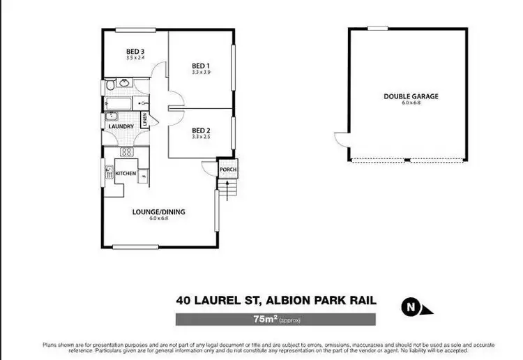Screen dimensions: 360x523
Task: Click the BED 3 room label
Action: pyautogui.click(x=135, y=51)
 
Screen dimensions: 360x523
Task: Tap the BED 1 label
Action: pyautogui.click(x=201, y=66)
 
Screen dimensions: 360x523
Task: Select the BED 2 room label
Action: pyautogui.click(x=201, y=130)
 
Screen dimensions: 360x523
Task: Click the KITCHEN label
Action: pyautogui.click(x=125, y=172)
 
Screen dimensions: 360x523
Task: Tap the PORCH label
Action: pyautogui.click(x=226, y=170)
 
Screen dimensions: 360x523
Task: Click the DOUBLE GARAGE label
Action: pyautogui.click(x=411, y=96)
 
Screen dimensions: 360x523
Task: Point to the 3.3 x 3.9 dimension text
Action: pyautogui.click(x=201, y=73)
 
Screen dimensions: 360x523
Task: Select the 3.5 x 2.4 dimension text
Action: pyautogui.click(x=135, y=57)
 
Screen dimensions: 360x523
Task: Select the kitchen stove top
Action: pyautogui.click(x=126, y=151)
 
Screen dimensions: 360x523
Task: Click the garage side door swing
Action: pyautogui.click(x=341, y=140)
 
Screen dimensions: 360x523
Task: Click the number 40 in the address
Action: pyautogui.click(x=184, y=301)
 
